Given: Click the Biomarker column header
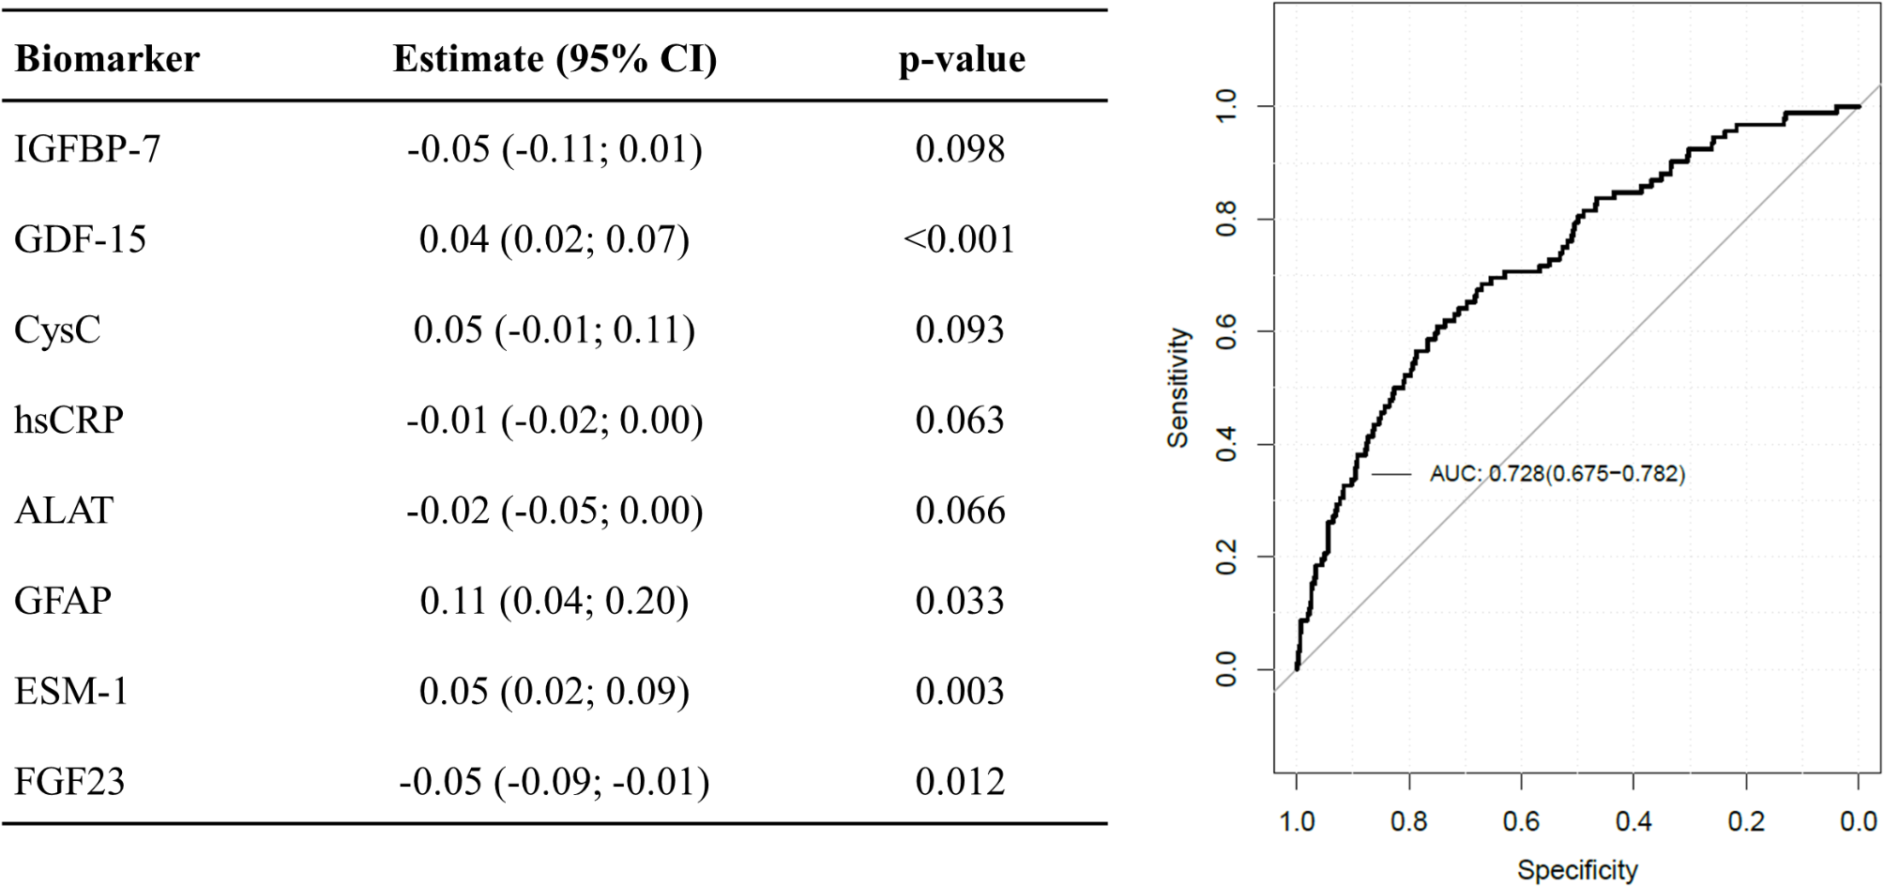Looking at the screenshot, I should (107, 59).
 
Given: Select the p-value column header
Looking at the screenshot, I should (962, 59).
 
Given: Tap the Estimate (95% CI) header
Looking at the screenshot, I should (555, 59).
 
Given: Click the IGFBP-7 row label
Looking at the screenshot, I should (87, 149).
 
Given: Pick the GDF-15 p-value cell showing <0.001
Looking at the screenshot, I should (959, 239).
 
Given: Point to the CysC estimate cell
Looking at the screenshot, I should (555, 329).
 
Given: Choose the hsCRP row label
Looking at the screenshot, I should (68, 420).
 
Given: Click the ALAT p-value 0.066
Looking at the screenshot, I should (960, 511).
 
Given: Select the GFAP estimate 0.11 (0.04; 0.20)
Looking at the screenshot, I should (555, 601).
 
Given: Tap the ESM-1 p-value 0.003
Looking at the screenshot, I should (960, 692).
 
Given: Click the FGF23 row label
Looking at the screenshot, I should (69, 782).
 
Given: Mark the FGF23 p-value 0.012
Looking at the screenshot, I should (960, 782).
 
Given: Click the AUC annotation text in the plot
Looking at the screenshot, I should (1557, 474).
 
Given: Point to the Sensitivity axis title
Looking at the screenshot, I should (1177, 388).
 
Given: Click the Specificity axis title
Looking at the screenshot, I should (1577, 870).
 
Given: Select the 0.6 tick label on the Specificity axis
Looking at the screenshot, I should (1521, 822).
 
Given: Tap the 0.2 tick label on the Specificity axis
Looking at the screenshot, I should (1746, 822).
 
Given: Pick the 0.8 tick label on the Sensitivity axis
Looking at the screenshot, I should (1226, 220).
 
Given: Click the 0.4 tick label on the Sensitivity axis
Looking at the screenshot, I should (1226, 445).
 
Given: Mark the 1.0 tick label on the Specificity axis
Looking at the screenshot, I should (1297, 822).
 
